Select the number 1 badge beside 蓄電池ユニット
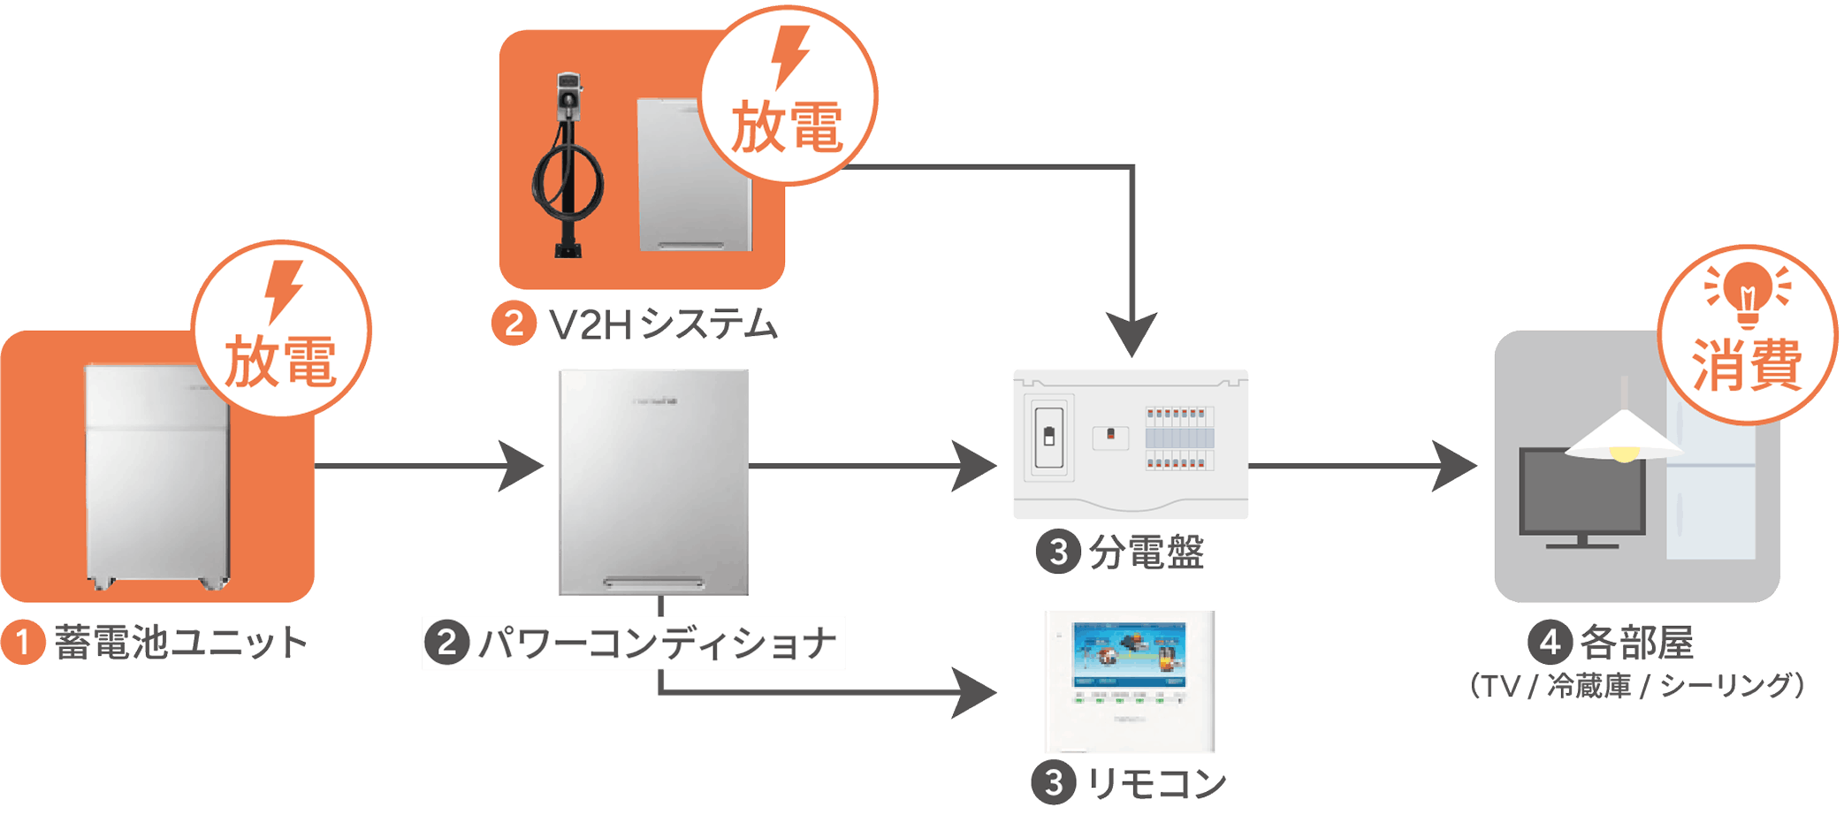pos(23,642)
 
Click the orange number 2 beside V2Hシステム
pos(514,324)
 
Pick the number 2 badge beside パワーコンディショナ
pos(447,643)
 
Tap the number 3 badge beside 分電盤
pos(1058,552)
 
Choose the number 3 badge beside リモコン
pos(1054,783)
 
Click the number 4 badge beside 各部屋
pos(1550,643)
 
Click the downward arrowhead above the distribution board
pos(1132,334)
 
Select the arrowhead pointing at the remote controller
pos(974,693)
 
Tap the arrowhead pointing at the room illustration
pos(1455,466)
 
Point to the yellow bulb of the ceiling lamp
pos(1625,454)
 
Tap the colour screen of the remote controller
pos(1129,654)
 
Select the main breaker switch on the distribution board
pos(1049,437)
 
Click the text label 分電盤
pos(1147,552)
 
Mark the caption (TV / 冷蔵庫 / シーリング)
pos(1637,686)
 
